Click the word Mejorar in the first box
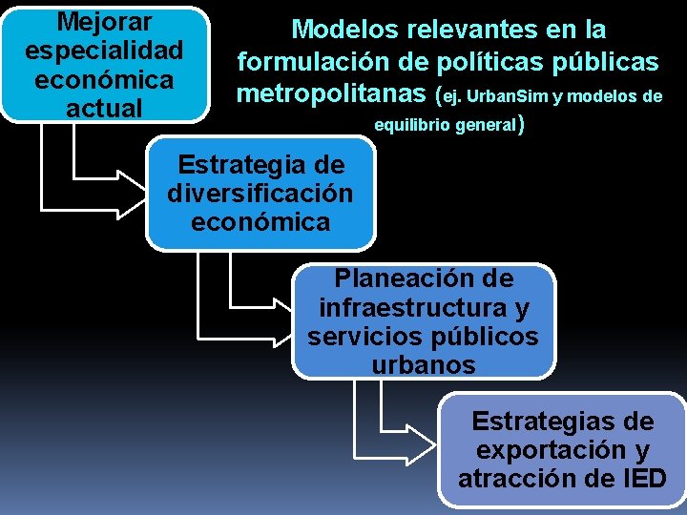tap(105, 20)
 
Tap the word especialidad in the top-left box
tap(105, 50)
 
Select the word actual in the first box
tap(105, 107)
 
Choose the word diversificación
tap(260, 194)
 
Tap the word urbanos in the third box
tap(423, 365)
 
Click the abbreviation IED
tap(641, 478)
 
